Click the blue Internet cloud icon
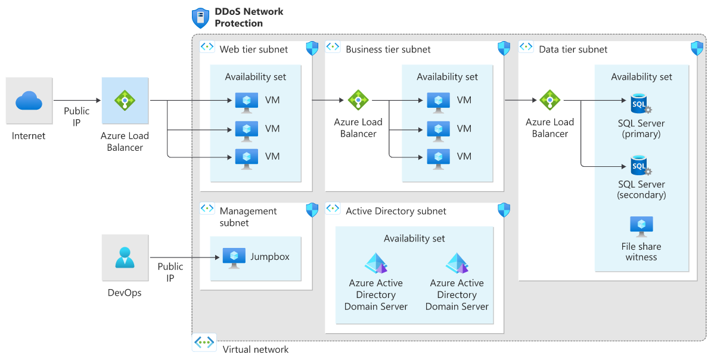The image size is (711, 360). pos(29,101)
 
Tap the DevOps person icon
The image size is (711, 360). pos(125,257)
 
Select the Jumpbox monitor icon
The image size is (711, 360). pos(234,256)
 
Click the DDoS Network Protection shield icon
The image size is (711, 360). pos(200,18)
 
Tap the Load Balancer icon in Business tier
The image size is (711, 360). pos(358,100)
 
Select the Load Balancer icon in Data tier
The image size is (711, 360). pos(549,100)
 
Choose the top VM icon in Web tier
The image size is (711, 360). pos(247,101)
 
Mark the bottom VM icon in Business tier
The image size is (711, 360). pos(439,157)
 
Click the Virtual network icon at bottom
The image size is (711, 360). pos(205,343)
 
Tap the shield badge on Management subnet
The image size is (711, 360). pos(312,210)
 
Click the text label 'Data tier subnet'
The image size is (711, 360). pos(573,49)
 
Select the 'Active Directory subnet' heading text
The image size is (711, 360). pos(396,211)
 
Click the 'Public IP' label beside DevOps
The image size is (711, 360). pos(170,272)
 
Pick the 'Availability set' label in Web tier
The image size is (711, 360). pos(255,77)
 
